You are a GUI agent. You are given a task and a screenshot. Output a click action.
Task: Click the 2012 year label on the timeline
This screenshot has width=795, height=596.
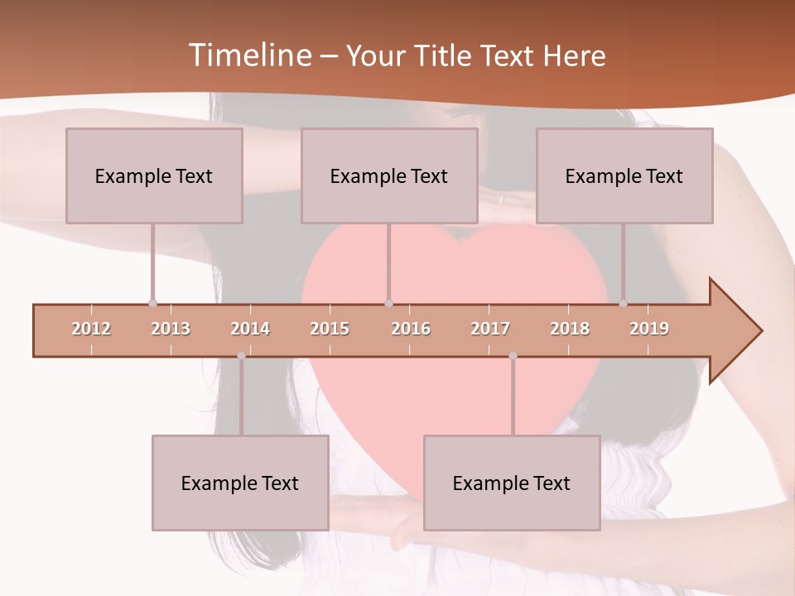[x=91, y=329]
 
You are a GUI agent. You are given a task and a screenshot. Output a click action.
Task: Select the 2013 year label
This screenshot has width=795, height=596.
[x=171, y=329]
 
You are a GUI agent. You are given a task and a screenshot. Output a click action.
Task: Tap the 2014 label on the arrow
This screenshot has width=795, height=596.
[x=250, y=329]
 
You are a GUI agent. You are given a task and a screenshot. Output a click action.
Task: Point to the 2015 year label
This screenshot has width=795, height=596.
[x=330, y=329]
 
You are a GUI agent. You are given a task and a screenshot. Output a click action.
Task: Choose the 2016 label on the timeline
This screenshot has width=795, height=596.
[x=411, y=329]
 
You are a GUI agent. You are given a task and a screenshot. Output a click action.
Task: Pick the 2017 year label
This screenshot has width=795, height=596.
[x=490, y=329]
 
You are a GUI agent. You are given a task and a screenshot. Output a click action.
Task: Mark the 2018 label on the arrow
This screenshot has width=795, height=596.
[x=570, y=329]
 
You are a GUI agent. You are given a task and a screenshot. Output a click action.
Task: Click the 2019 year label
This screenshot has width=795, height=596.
[x=649, y=329]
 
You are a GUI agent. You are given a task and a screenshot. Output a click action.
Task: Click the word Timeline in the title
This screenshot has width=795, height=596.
[x=248, y=55]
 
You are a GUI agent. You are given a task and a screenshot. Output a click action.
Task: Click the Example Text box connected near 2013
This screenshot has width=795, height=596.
[x=154, y=175]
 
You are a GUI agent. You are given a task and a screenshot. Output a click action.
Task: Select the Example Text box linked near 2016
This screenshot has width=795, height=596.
[x=389, y=175]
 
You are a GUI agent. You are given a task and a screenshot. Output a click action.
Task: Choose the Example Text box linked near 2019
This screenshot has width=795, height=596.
[x=624, y=175]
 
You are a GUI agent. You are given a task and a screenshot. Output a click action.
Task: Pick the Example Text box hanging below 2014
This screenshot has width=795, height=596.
[x=240, y=483]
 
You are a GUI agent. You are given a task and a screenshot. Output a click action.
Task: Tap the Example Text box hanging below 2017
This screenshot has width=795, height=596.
[x=512, y=483]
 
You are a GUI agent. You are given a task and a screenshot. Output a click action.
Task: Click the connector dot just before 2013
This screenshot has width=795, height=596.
[x=152, y=303]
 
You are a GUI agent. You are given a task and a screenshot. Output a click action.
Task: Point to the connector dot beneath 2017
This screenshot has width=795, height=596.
[x=513, y=356]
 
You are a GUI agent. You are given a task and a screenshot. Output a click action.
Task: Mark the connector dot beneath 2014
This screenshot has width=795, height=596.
[x=241, y=356]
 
